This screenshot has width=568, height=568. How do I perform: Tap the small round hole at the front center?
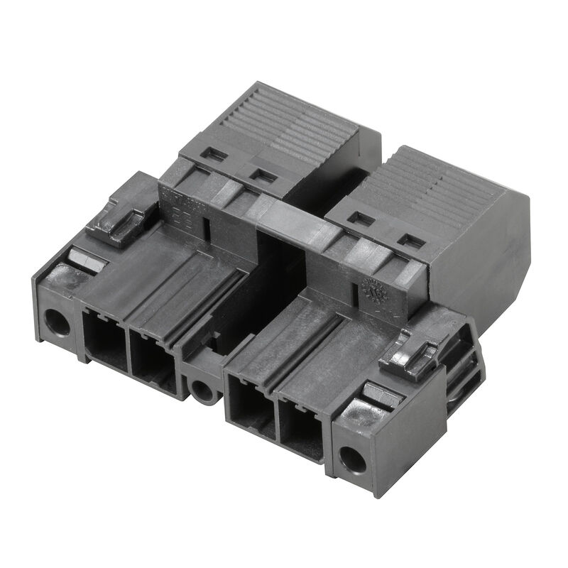pyautogui.click(x=202, y=390)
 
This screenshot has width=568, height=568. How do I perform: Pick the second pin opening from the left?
pyautogui.click(x=153, y=361)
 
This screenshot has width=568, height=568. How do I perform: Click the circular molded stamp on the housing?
pyautogui.click(x=371, y=290)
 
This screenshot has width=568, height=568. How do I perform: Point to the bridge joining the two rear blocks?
pyautogui.click(x=298, y=227)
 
